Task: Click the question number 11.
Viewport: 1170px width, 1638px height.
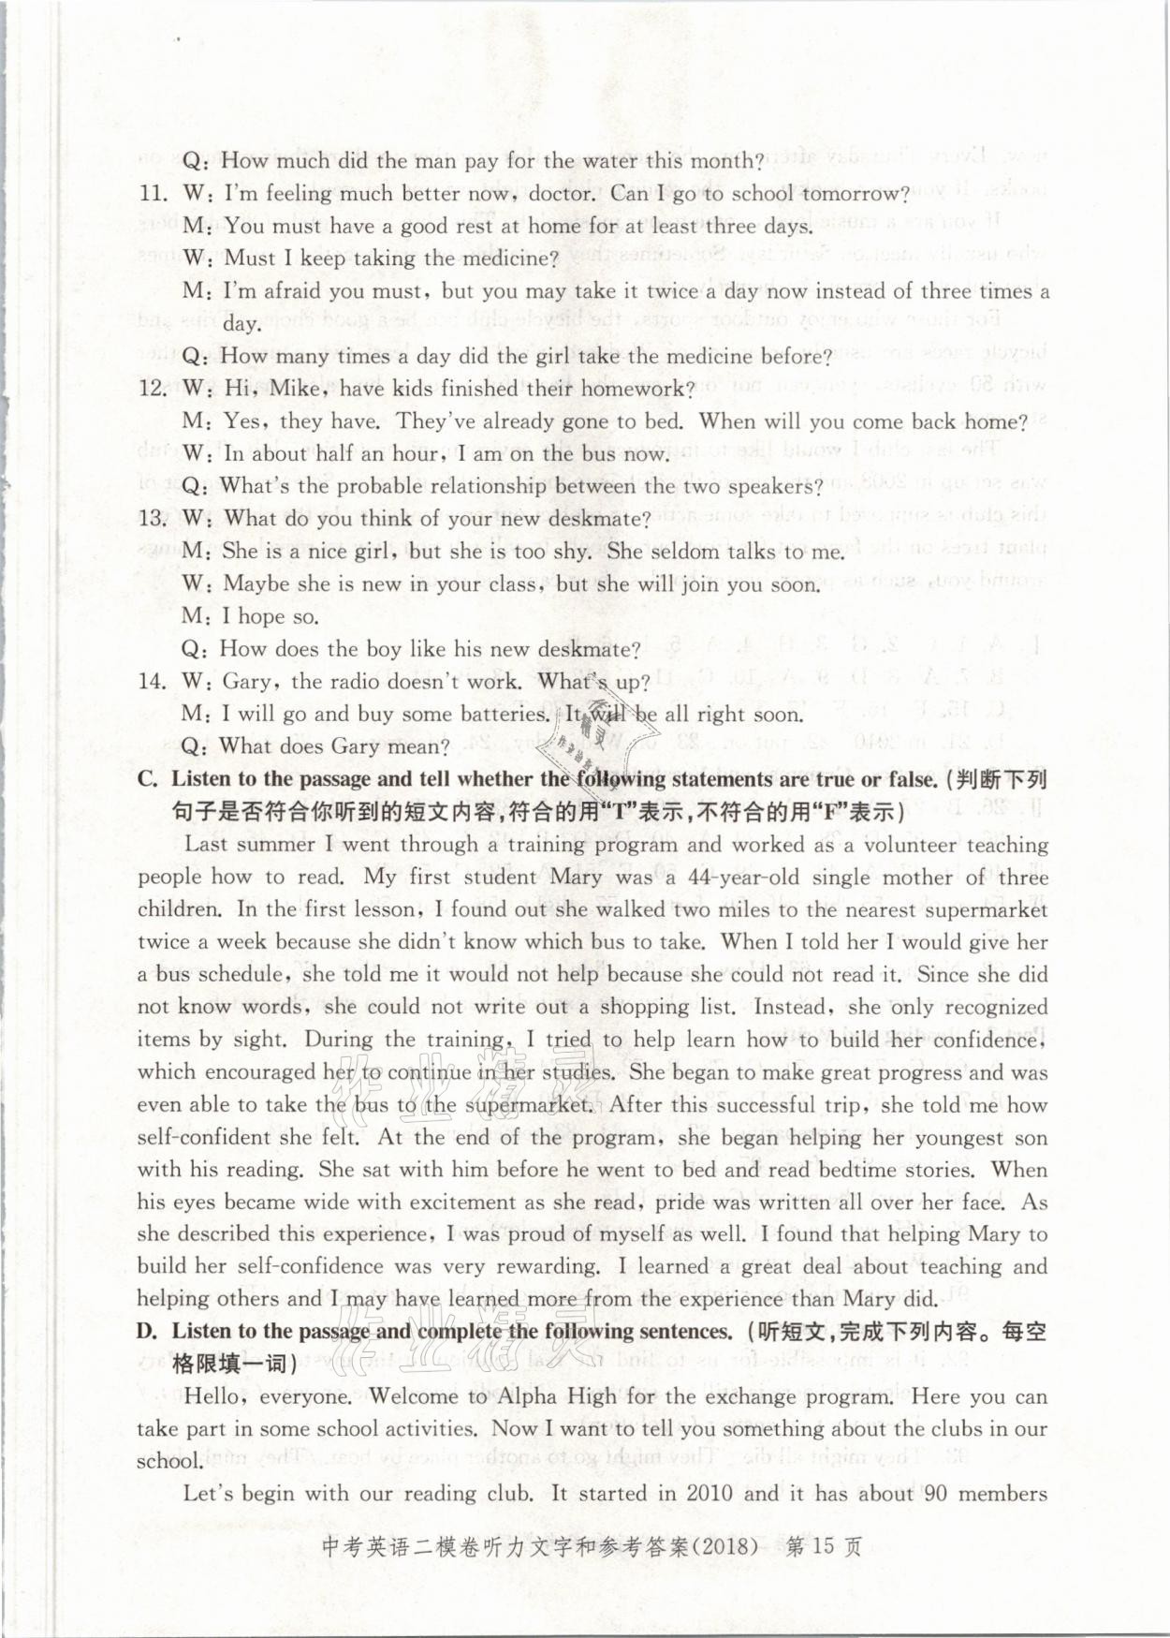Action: coord(153,194)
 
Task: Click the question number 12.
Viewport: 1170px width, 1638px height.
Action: coord(153,389)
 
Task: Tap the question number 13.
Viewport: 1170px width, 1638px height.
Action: coord(153,519)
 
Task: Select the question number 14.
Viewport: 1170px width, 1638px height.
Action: coord(153,681)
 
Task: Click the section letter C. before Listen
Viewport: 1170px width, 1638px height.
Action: coord(148,779)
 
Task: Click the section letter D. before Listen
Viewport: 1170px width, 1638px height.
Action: coord(148,1331)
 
